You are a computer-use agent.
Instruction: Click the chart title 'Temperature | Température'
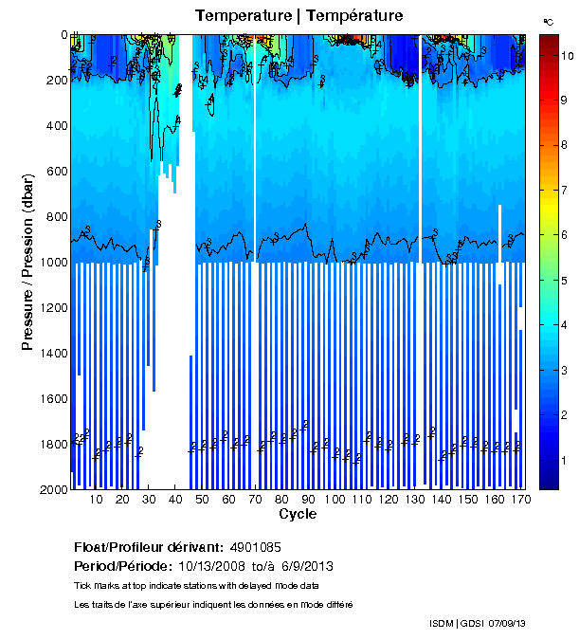tap(299, 16)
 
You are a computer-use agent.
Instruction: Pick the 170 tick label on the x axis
tap(518, 500)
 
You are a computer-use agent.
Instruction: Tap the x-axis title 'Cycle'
tap(298, 515)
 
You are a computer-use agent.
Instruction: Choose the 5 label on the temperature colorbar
tap(565, 281)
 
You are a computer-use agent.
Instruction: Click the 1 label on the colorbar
tap(565, 460)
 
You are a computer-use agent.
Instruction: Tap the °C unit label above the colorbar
tap(548, 21)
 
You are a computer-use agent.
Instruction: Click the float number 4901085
tap(256, 548)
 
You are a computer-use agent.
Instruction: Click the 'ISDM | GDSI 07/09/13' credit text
tap(477, 623)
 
